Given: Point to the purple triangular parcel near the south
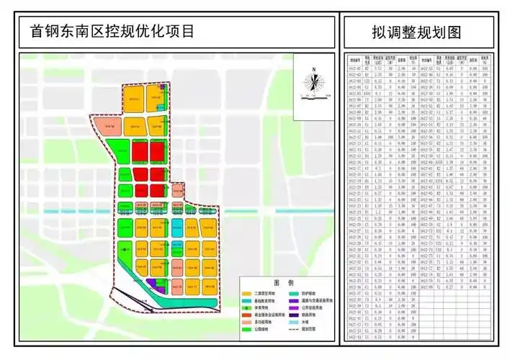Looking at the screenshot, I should tap(153, 282).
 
